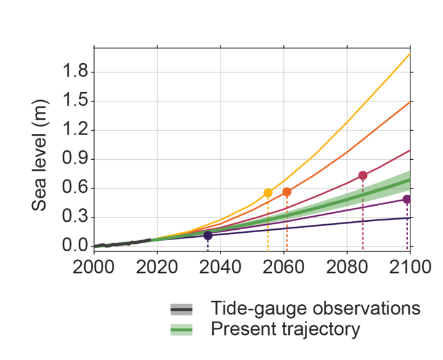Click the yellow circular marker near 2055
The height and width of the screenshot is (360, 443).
[268, 193]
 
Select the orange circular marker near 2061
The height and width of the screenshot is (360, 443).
[287, 192]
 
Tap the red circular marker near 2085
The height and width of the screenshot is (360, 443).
[363, 176]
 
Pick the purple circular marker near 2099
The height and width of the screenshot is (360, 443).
[407, 199]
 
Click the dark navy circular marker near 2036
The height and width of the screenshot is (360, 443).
[208, 235]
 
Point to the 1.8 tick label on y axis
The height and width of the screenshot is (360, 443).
[75, 72]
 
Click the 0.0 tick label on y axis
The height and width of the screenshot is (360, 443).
[75, 246]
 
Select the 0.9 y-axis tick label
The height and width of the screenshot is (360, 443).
[75, 160]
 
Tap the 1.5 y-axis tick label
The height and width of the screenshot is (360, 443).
[75, 101]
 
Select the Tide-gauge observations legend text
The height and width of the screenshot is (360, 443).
[315, 308]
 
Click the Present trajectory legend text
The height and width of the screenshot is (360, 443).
[284, 330]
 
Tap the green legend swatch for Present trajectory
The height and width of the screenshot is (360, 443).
[182, 331]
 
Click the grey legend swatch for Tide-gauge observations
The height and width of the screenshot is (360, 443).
[182, 308]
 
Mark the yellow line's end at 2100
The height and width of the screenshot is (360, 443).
[409, 54]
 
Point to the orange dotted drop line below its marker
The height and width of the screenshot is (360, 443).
[287, 224]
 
